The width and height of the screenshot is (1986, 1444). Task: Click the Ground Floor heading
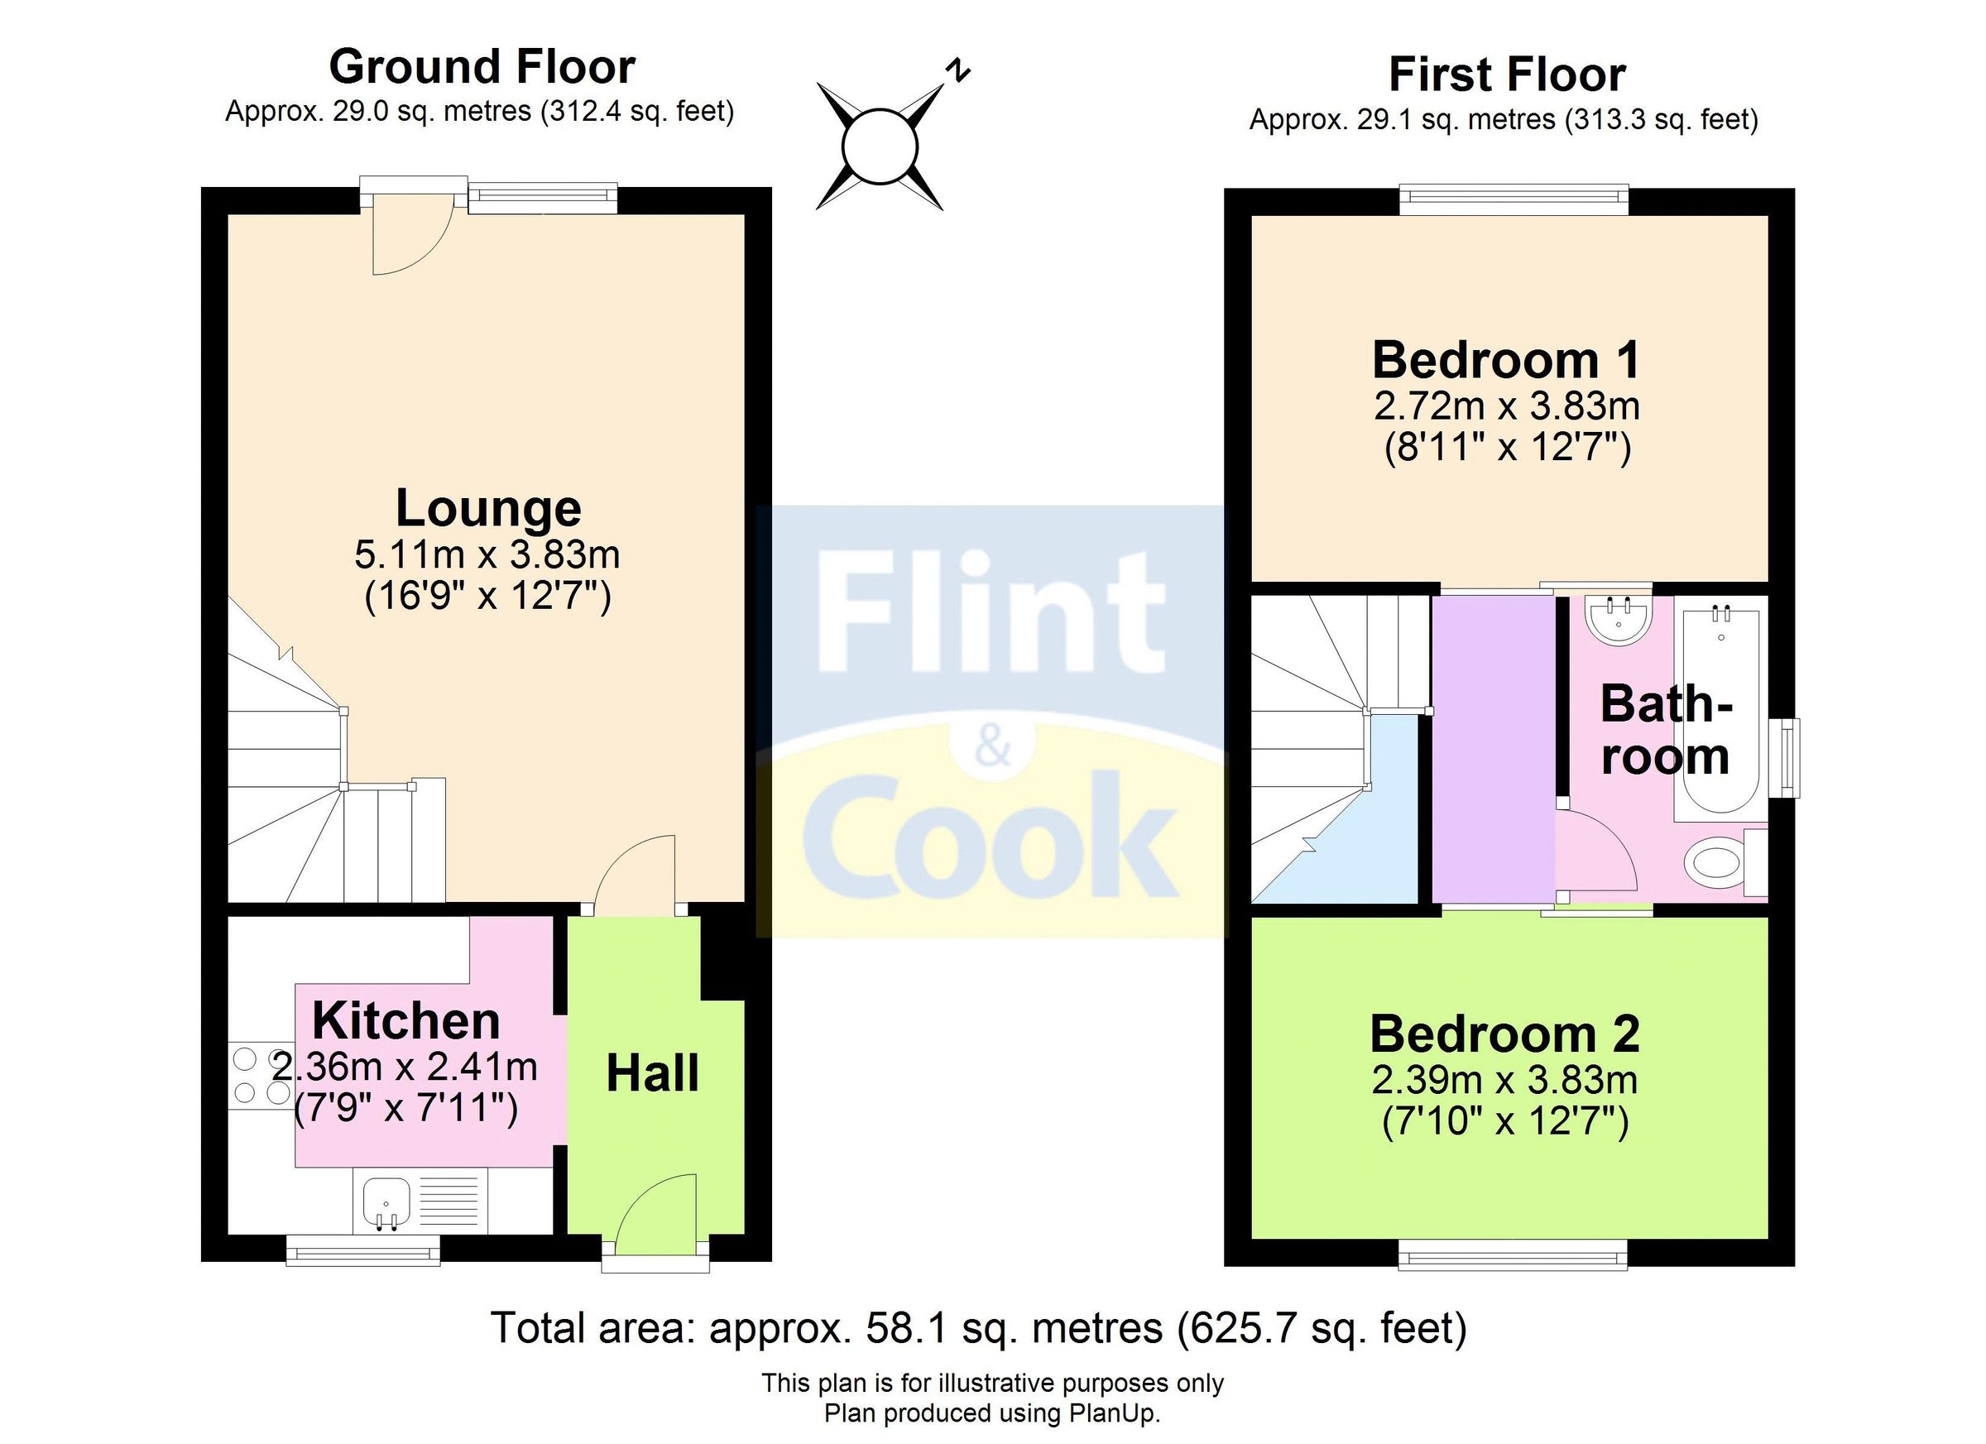(482, 67)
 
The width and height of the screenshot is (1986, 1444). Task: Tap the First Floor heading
(1506, 74)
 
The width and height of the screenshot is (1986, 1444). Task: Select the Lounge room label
(487, 509)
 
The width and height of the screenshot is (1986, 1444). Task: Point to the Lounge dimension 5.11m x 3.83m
(487, 555)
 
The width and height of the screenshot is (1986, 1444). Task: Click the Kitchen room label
(406, 1021)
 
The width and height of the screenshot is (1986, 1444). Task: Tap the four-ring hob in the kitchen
(261, 1077)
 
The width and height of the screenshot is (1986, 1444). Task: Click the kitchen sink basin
(386, 1203)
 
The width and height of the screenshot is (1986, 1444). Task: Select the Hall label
(652, 1074)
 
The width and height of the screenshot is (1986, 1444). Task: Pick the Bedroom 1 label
(1505, 361)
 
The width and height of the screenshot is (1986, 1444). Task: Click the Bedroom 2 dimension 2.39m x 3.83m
(1504, 1081)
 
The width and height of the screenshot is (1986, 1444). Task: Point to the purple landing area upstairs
(1493, 749)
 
